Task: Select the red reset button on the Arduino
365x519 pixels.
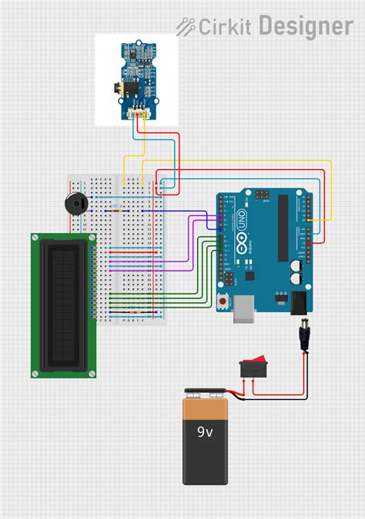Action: [x=223, y=301]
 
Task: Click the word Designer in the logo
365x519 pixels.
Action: [x=306, y=27]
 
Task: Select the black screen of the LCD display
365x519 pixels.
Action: [x=63, y=305]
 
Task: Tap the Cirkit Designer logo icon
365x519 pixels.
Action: [x=186, y=28]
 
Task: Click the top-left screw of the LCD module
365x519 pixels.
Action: [x=35, y=238]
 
